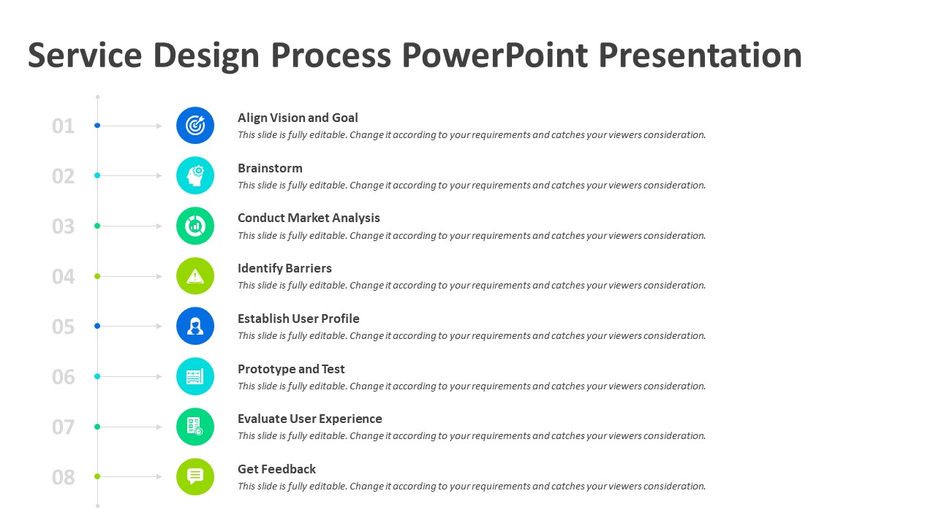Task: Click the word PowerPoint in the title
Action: pyautogui.click(x=495, y=55)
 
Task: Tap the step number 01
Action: pyautogui.click(x=63, y=126)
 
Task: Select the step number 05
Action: pyautogui.click(x=63, y=327)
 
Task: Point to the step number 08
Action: pyautogui.click(x=63, y=477)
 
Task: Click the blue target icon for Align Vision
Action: pyautogui.click(x=195, y=125)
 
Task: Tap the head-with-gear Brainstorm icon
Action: pyautogui.click(x=195, y=176)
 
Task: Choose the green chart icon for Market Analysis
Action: pyautogui.click(x=195, y=226)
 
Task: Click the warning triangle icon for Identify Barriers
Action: pyautogui.click(x=195, y=276)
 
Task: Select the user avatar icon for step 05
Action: pyautogui.click(x=195, y=326)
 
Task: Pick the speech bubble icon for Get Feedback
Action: pyautogui.click(x=195, y=477)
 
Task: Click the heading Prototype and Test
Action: pyautogui.click(x=291, y=369)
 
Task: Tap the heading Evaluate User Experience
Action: pyautogui.click(x=309, y=419)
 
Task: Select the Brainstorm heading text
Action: pyautogui.click(x=270, y=168)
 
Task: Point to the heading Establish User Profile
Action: pyautogui.click(x=298, y=319)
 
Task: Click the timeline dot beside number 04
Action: pyautogui.click(x=97, y=276)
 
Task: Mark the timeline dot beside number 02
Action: pyautogui.click(x=97, y=176)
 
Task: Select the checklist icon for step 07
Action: pyautogui.click(x=195, y=427)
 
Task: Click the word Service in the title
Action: pyautogui.click(x=85, y=55)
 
